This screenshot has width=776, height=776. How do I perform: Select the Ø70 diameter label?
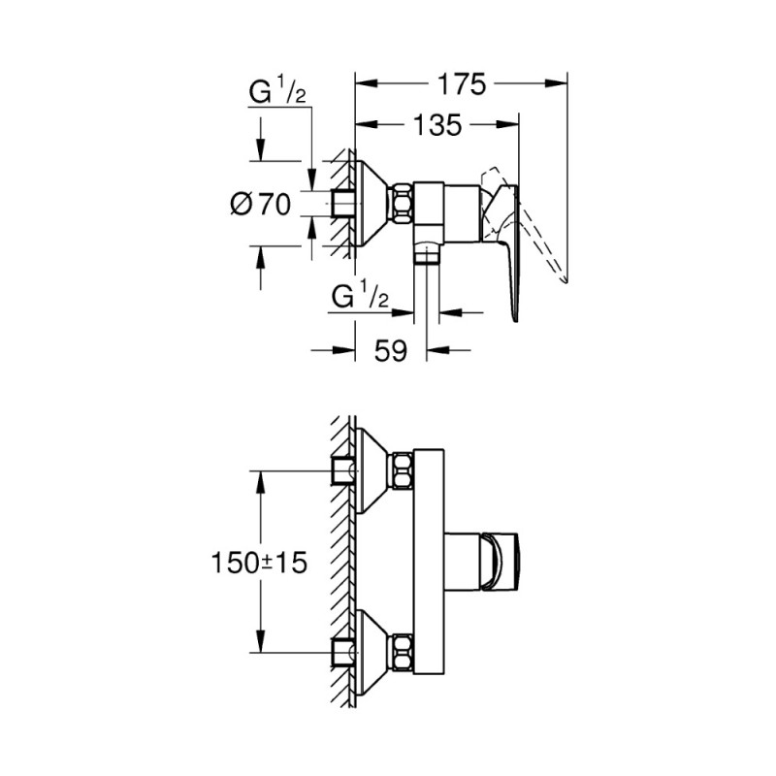click(262, 205)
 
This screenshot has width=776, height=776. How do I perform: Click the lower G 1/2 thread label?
click(360, 296)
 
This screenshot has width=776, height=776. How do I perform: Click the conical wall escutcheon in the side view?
click(372, 204)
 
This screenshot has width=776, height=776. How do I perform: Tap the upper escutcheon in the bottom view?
click(372, 470)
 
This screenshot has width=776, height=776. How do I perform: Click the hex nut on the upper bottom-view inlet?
click(402, 470)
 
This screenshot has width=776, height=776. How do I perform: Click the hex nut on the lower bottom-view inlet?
click(402, 651)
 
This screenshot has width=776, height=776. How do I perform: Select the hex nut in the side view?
click(402, 204)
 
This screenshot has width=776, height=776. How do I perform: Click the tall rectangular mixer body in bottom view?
click(430, 561)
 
